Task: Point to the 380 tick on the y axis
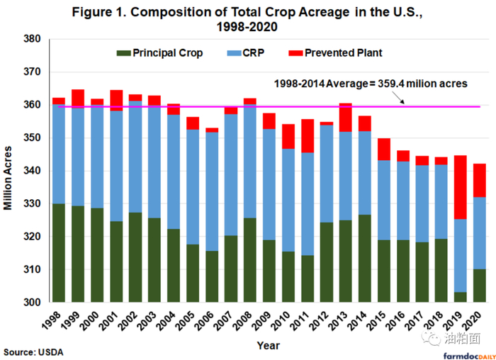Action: point(35,40)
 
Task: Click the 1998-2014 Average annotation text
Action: point(371,84)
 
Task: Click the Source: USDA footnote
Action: point(30,351)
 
